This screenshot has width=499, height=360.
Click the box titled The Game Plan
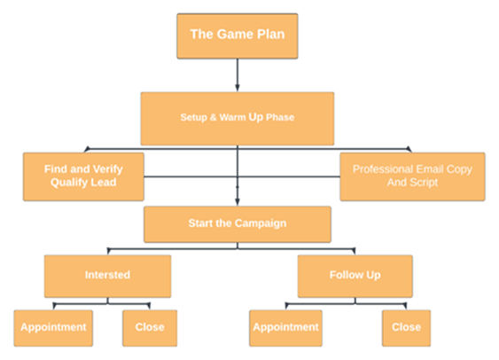(x=238, y=36)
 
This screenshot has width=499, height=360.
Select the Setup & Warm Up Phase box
(x=238, y=119)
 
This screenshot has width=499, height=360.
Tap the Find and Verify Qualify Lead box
(x=83, y=176)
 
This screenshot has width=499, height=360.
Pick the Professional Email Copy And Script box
(x=412, y=176)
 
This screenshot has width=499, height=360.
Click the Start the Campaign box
(x=238, y=224)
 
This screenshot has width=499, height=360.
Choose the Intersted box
(x=107, y=277)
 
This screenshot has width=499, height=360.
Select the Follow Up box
(x=355, y=277)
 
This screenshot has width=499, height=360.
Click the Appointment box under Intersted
(x=53, y=328)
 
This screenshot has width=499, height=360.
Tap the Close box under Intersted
(x=150, y=328)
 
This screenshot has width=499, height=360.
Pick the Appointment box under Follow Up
(x=285, y=328)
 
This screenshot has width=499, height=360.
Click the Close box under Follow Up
(x=407, y=328)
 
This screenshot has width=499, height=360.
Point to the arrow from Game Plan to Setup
(x=238, y=75)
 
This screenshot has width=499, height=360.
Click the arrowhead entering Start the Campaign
(x=238, y=202)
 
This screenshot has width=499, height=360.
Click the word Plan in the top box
(x=271, y=34)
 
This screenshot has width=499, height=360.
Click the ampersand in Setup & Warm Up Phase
(x=214, y=117)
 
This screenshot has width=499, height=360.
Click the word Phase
(x=280, y=117)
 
